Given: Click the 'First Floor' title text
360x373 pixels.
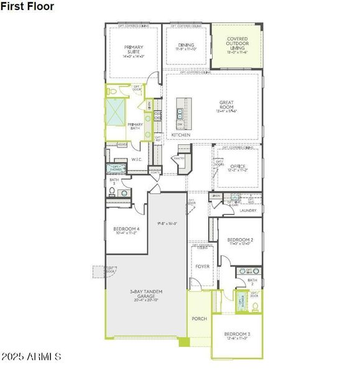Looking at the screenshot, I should (27, 6).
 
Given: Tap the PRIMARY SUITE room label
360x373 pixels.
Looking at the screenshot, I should (134, 50).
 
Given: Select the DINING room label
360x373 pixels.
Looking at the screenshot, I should (186, 45).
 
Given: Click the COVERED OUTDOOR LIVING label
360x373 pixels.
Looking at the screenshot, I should (237, 44).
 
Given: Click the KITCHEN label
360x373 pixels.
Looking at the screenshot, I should (181, 135).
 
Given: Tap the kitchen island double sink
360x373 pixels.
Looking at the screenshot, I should (180, 114).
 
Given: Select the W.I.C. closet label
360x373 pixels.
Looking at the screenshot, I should (137, 160).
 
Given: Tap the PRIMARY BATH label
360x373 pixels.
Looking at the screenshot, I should (136, 126).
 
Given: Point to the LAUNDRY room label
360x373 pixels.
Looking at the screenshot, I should (247, 211).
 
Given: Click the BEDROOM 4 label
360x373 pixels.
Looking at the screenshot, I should (127, 229).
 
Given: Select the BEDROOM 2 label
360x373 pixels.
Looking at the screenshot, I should (240, 240).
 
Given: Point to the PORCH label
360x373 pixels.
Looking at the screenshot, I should (199, 318).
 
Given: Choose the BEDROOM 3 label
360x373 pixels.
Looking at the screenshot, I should (238, 334).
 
